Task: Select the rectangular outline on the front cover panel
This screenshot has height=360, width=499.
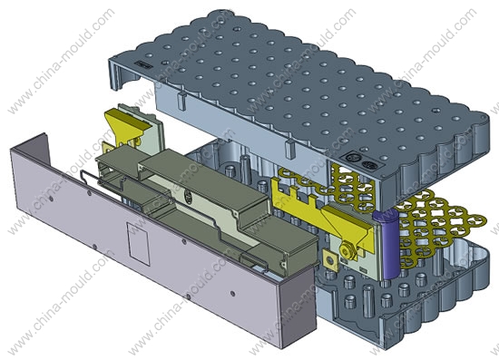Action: point(139,244)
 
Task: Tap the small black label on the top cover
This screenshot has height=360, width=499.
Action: point(142,64)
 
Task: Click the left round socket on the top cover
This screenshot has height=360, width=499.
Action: point(351,158)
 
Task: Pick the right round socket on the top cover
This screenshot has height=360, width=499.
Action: point(369,165)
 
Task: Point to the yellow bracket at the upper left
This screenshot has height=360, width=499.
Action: point(126,127)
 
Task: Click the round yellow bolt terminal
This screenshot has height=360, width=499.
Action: point(346,249)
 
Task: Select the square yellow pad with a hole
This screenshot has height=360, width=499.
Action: point(330,261)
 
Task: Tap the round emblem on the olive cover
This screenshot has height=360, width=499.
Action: point(188,198)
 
